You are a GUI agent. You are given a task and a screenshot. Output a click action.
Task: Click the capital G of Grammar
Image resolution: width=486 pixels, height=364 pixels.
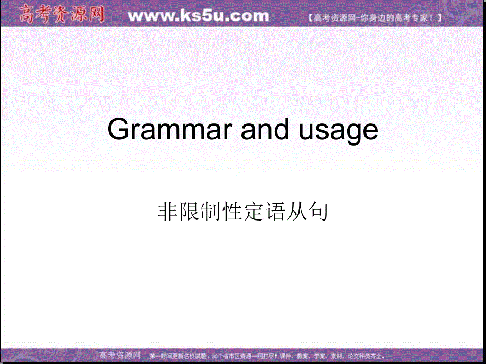click(x=118, y=130)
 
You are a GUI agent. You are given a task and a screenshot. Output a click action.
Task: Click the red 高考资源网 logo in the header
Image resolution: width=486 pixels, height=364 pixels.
click(x=62, y=14)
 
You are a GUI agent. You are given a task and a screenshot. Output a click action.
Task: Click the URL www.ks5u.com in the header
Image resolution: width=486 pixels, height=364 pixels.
click(x=198, y=16)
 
